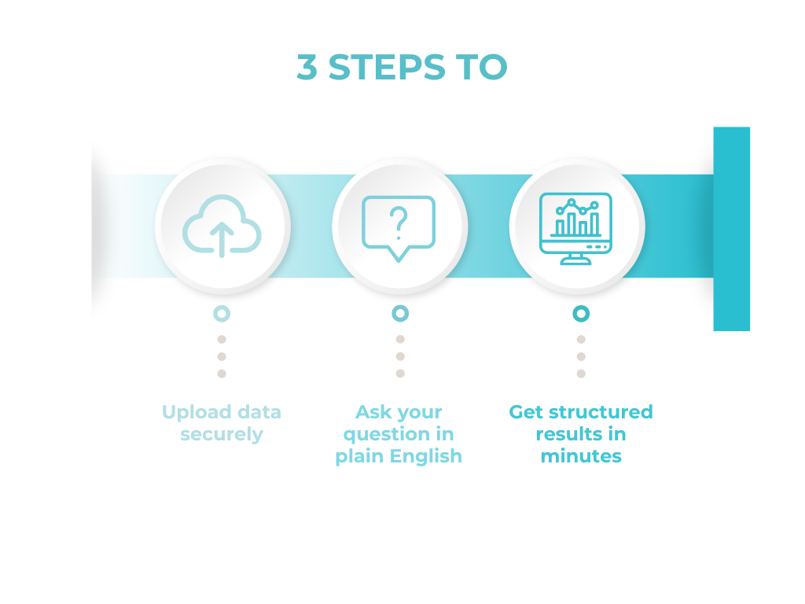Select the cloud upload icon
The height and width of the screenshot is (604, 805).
tap(222, 226)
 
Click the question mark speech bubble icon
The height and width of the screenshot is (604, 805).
tap(399, 226)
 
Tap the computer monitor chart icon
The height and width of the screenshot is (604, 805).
tap(577, 226)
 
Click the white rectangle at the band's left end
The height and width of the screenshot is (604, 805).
tap(73, 229)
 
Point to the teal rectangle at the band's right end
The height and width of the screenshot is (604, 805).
tap(731, 229)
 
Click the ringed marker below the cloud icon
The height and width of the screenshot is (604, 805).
tap(222, 314)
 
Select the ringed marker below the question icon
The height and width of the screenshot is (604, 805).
tap(400, 314)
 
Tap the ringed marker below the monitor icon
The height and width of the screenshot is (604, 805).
tap(581, 314)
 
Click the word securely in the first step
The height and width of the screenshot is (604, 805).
tap(221, 434)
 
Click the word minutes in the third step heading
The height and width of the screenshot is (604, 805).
tap(580, 456)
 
